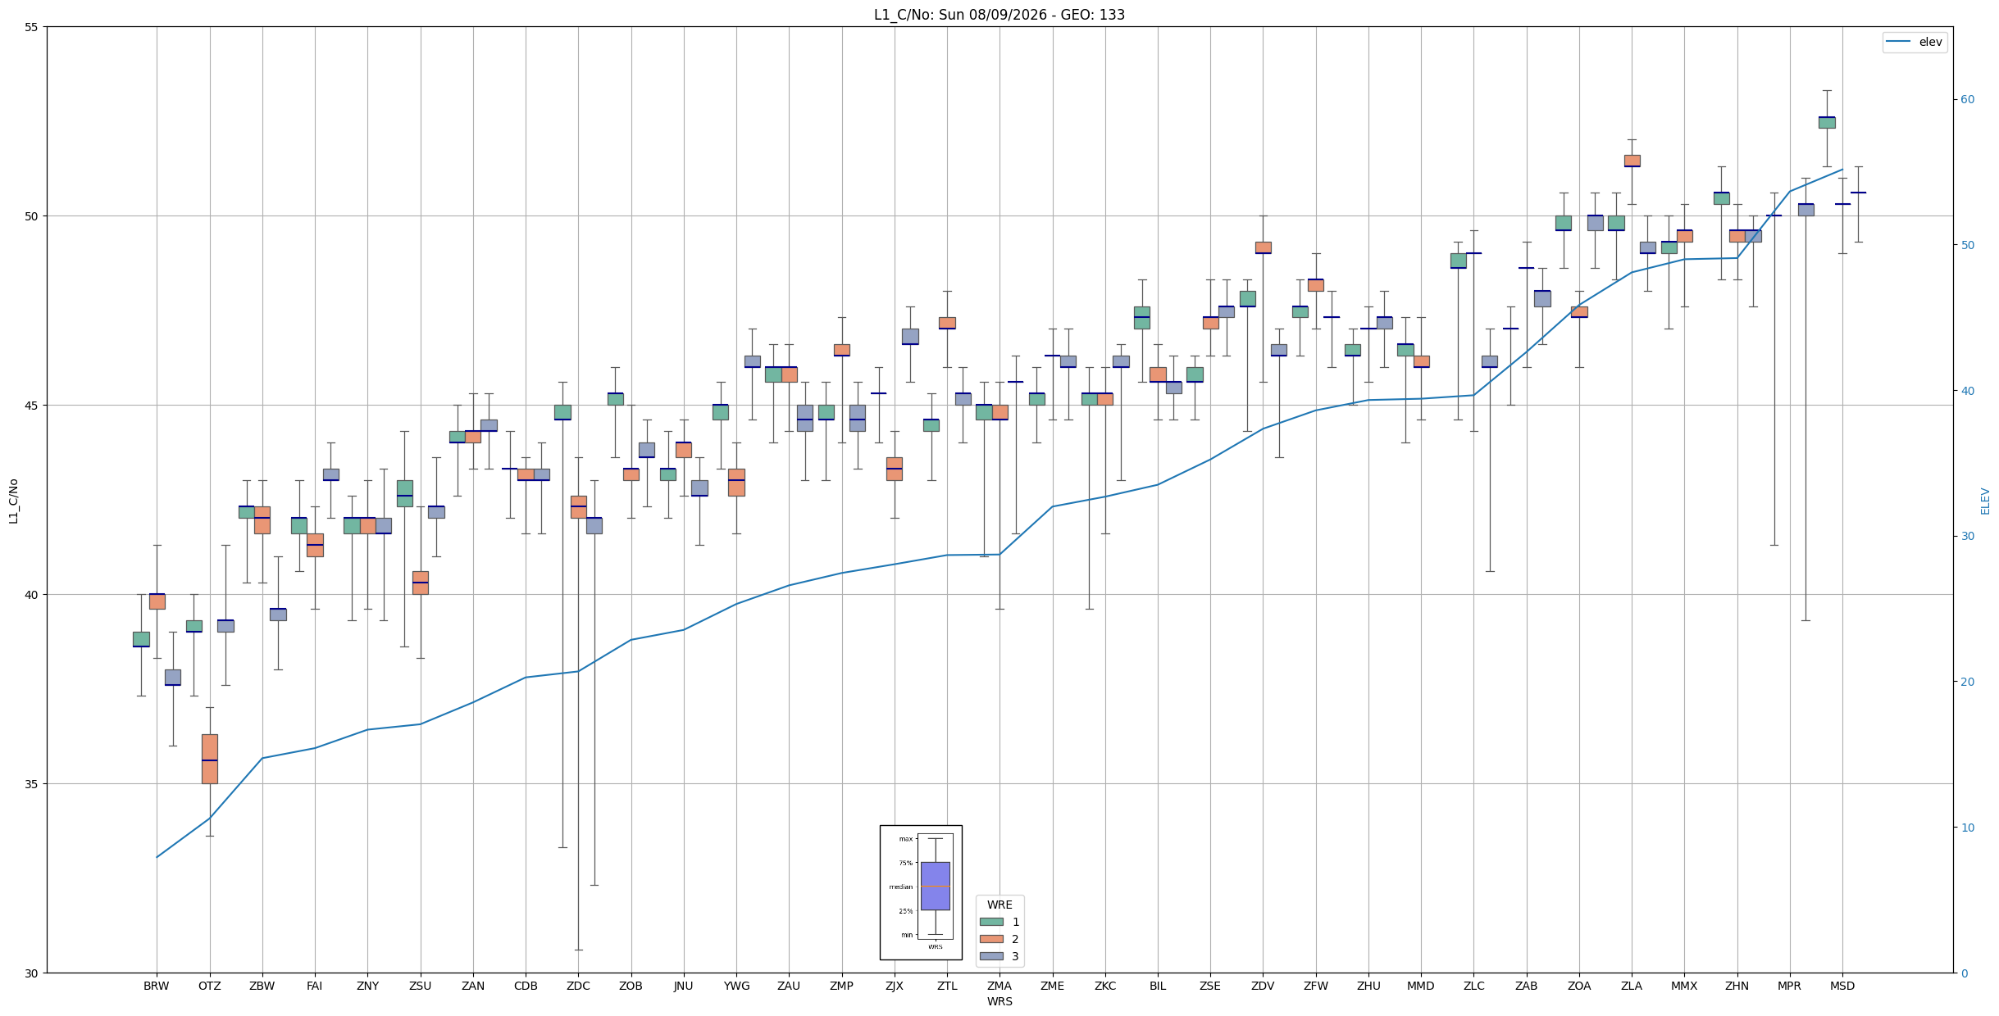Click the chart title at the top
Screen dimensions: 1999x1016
coord(999,15)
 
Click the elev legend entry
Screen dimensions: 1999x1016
coord(1914,42)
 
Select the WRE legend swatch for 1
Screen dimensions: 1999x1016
coord(991,922)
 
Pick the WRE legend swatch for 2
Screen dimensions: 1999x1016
coord(991,939)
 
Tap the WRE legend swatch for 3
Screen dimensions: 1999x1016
coord(991,956)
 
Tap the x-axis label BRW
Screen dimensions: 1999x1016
coord(157,986)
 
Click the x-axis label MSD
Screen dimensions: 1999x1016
coord(1842,986)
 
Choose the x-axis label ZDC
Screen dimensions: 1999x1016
coord(578,986)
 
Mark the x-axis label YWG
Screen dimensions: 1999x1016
coord(736,986)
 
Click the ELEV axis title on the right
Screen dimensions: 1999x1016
coord(1985,501)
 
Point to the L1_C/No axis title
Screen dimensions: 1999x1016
coord(13,501)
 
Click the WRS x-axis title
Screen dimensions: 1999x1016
coord(999,1001)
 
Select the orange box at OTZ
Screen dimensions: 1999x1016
coord(210,759)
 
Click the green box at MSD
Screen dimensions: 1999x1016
coord(1827,122)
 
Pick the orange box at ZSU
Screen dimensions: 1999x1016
coord(421,583)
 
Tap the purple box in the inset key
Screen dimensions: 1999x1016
coord(935,886)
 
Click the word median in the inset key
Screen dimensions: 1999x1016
coord(900,887)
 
